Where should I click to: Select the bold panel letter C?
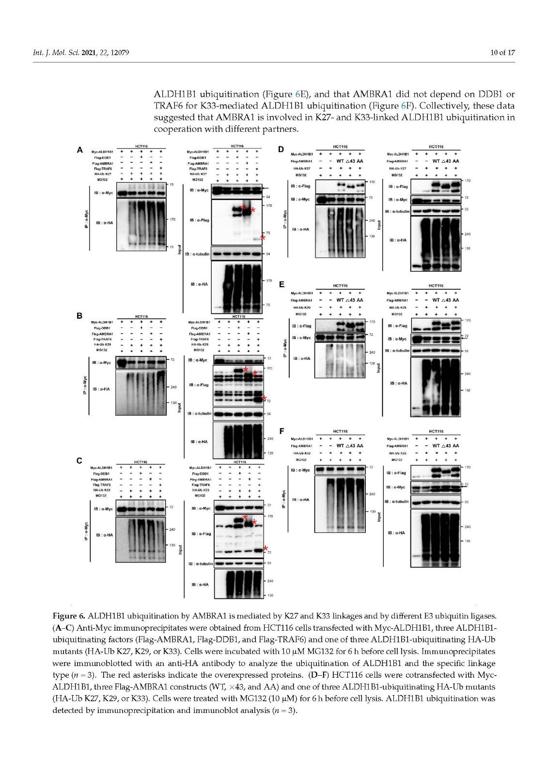pos(79,461)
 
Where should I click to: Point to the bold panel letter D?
pos(281,149)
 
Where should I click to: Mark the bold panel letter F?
pos(281,430)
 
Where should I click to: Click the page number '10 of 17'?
pos(502,52)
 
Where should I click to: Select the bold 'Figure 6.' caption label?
pos(69,617)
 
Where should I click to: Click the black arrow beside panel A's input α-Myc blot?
pos(265,187)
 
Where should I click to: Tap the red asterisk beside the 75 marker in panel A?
pos(263,238)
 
